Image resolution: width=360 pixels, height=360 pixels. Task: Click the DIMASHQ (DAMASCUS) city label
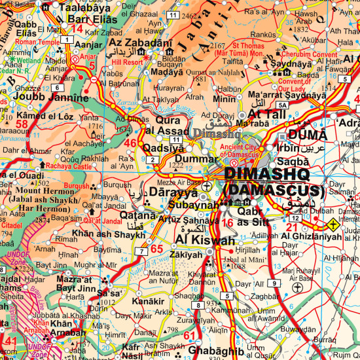coord(273,183)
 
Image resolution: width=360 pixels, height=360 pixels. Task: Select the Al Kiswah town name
coord(203,240)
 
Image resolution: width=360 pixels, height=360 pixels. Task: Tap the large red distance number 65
coord(156,249)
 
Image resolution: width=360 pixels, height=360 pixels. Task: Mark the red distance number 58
coord(22,124)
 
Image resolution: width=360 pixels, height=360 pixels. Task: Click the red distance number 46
coord(130,143)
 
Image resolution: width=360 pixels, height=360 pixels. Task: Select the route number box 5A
coord(282,105)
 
